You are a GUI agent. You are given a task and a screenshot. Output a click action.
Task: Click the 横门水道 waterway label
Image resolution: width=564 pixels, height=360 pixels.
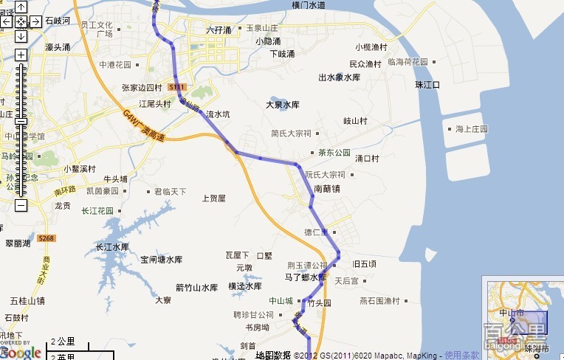point(308,5)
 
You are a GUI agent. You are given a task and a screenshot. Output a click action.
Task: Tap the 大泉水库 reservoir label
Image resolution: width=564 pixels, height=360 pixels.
point(283,105)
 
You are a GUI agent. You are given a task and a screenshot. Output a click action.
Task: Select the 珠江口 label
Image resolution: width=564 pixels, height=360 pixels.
point(427,85)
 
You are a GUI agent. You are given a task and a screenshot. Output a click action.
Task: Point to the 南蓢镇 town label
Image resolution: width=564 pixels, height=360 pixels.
point(327,189)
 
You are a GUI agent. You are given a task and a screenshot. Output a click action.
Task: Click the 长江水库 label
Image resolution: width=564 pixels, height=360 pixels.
point(112,247)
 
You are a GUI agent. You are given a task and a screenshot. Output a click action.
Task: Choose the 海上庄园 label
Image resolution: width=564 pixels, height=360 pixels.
point(472,129)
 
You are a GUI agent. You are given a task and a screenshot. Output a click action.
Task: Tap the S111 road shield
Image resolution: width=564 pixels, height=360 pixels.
point(176,87)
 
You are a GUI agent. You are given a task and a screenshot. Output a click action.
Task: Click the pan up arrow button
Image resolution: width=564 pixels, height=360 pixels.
point(21,7)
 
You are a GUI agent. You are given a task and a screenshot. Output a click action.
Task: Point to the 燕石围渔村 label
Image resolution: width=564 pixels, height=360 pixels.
point(379,300)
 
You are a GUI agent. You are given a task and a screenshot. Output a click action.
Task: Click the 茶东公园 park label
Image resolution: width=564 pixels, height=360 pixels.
point(334,153)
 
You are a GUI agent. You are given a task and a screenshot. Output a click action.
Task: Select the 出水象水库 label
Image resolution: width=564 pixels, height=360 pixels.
point(339,77)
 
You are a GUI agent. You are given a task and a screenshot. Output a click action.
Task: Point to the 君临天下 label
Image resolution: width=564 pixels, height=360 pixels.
point(170,192)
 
